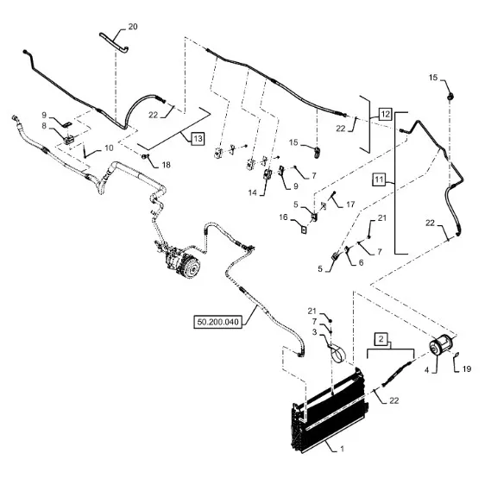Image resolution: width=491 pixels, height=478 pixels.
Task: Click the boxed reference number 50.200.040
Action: click(218, 322)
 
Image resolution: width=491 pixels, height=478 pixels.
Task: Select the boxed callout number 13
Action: click(198, 138)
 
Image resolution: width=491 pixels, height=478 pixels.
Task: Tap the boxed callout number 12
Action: click(385, 114)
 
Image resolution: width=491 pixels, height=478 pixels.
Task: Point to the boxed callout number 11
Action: click(379, 179)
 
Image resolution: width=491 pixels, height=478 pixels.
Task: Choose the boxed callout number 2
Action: click(381, 339)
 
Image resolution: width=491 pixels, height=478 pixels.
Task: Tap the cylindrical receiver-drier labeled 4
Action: click(440, 345)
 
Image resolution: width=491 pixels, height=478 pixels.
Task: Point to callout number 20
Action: click(133, 27)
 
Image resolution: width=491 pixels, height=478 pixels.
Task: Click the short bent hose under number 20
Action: click(114, 43)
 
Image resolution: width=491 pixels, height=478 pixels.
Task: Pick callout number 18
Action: click(167, 165)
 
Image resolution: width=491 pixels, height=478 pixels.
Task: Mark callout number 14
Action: click(252, 192)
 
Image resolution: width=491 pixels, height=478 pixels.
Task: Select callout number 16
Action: click(283, 217)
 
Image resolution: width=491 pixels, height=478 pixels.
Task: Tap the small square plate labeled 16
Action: click(304, 230)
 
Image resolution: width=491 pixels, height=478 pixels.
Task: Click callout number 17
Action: click(350, 204)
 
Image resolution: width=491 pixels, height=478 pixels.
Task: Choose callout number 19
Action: click(467, 369)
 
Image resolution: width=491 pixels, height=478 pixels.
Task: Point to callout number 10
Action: click(109, 148)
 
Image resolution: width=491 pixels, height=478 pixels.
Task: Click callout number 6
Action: click(361, 262)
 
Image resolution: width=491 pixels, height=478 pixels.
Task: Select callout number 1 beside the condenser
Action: click(343, 449)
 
